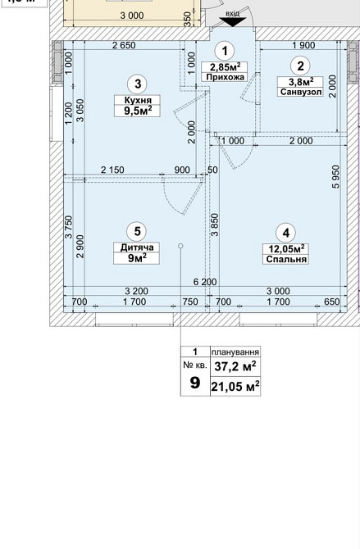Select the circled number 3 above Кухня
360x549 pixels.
pyautogui.click(x=136, y=83)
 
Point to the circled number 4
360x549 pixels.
pyautogui.click(x=285, y=232)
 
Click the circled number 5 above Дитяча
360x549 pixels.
pyautogui.click(x=136, y=232)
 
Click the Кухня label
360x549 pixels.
pyautogui.click(x=136, y=99)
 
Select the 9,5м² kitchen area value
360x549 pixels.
pyautogui.click(x=136, y=111)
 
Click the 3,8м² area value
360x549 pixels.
pyautogui.click(x=300, y=80)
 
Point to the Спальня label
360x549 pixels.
pyautogui.click(x=285, y=259)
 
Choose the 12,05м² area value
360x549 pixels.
pyautogui.click(x=285, y=247)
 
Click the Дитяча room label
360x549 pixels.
pyautogui.click(x=136, y=247)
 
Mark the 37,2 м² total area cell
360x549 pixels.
pyautogui.click(x=235, y=365)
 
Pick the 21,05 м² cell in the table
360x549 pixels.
pyautogui.click(x=235, y=386)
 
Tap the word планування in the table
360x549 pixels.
pyautogui.click(x=235, y=350)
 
